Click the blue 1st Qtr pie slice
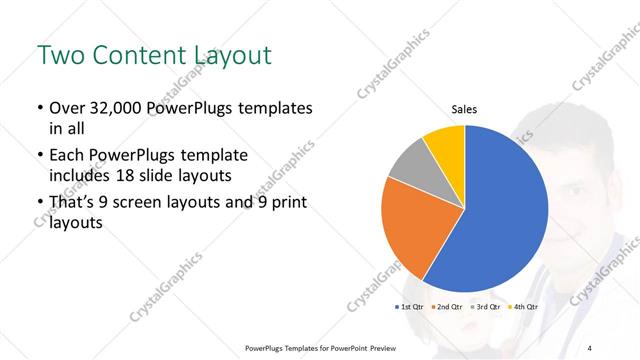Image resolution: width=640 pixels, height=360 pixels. (x=500, y=210)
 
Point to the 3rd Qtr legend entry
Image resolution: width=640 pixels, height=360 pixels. (x=484, y=307)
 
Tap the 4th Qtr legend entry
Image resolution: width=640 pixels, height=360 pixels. (x=522, y=307)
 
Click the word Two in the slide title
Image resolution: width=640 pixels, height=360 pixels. (x=57, y=55)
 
